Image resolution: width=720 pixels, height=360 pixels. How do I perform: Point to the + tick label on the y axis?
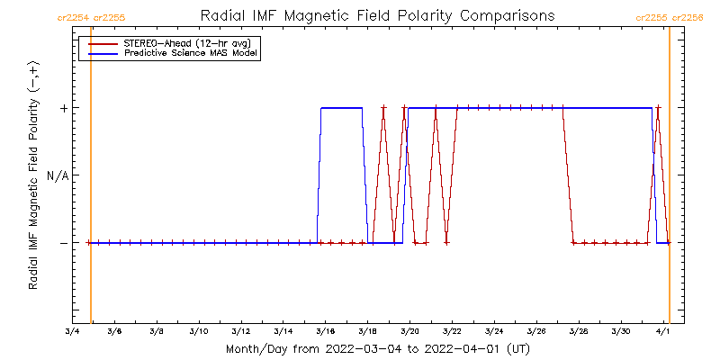click(64, 108)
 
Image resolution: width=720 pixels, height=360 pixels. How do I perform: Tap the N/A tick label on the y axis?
click(58, 175)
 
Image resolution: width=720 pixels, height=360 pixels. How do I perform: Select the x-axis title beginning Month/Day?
click(377, 348)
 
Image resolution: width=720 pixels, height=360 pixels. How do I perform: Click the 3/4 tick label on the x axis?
click(72, 332)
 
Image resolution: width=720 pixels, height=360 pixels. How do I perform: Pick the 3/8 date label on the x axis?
click(157, 332)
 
